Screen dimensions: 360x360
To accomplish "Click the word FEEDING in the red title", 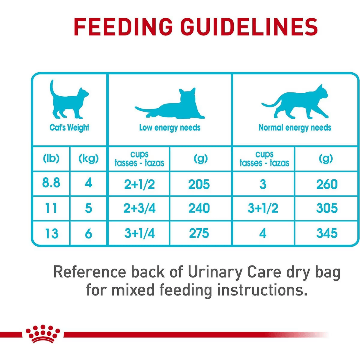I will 123,27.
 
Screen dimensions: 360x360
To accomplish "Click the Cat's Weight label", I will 69,127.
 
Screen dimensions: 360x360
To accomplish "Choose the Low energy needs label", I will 170,127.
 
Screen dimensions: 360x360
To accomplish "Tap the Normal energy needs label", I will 295,127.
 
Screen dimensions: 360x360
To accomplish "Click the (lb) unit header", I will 51,158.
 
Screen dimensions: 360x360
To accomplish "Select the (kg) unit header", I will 88,158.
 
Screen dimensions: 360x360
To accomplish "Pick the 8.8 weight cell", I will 51,183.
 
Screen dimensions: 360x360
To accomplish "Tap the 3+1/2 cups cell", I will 263,208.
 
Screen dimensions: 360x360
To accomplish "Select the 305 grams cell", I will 327,208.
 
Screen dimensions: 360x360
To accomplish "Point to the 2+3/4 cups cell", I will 139,208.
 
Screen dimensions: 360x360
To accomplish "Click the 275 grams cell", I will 199,233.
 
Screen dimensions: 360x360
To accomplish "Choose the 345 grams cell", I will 327,233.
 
